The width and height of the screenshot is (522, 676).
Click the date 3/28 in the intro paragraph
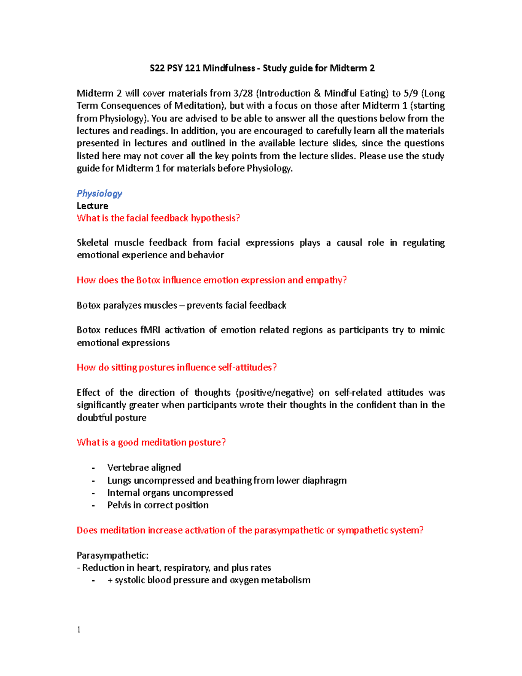click(x=243, y=94)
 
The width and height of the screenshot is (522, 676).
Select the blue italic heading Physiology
click(x=99, y=193)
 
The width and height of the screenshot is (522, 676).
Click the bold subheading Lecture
click(x=92, y=206)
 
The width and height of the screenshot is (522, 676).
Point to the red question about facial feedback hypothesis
click(x=158, y=218)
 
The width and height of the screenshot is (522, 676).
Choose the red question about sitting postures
click(x=177, y=368)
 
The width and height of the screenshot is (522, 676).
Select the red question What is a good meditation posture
click(x=151, y=443)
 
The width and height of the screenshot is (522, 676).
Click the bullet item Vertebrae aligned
click(x=144, y=468)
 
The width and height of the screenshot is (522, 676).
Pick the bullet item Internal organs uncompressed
click(x=170, y=493)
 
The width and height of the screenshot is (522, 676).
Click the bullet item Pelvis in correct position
click(x=158, y=505)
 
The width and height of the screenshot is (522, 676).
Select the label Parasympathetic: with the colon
click(x=113, y=556)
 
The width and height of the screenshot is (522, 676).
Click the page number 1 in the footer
click(x=79, y=630)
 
